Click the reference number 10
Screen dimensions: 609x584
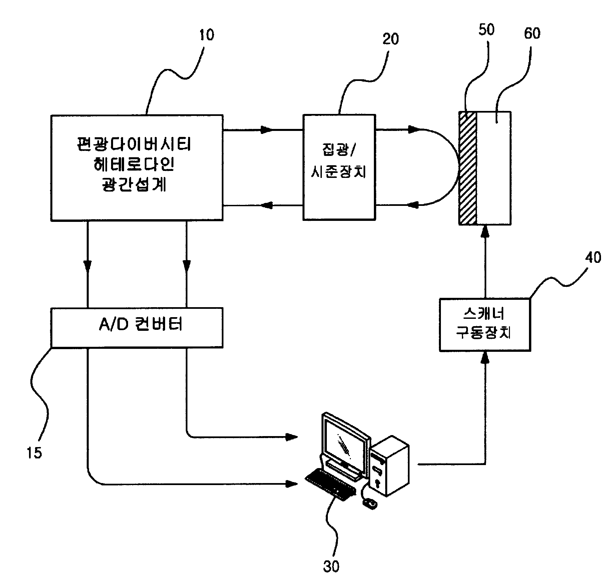[x=206, y=35]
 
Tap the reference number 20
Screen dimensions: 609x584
[x=391, y=39]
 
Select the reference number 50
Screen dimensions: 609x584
[x=486, y=30]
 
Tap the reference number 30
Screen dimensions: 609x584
[x=331, y=566]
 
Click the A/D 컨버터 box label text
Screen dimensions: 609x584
[x=140, y=324]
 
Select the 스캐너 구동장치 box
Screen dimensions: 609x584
[x=485, y=324]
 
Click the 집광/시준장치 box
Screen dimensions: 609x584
[x=339, y=167]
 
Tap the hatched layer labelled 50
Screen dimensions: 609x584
[x=468, y=168]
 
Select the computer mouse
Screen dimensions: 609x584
[x=370, y=504]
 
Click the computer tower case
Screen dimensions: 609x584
[x=390, y=466]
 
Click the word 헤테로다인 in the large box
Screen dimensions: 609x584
[x=134, y=165]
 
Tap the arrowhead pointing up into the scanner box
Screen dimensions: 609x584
[x=485, y=357]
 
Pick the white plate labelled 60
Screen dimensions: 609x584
[x=494, y=168]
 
